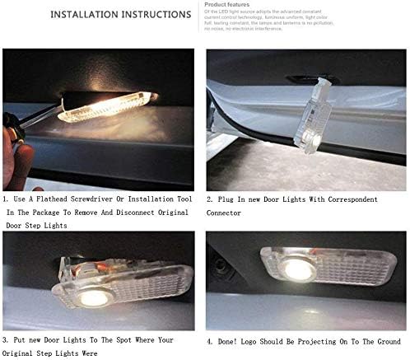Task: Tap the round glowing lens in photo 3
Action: click(94, 297)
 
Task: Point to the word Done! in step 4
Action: click(230, 339)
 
